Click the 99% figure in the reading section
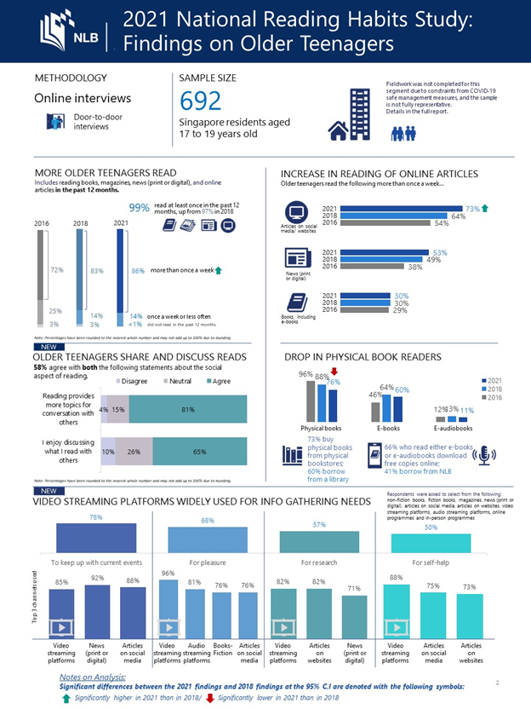[x=139, y=208]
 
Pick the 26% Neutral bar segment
[x=134, y=452]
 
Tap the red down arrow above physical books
[x=334, y=372]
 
